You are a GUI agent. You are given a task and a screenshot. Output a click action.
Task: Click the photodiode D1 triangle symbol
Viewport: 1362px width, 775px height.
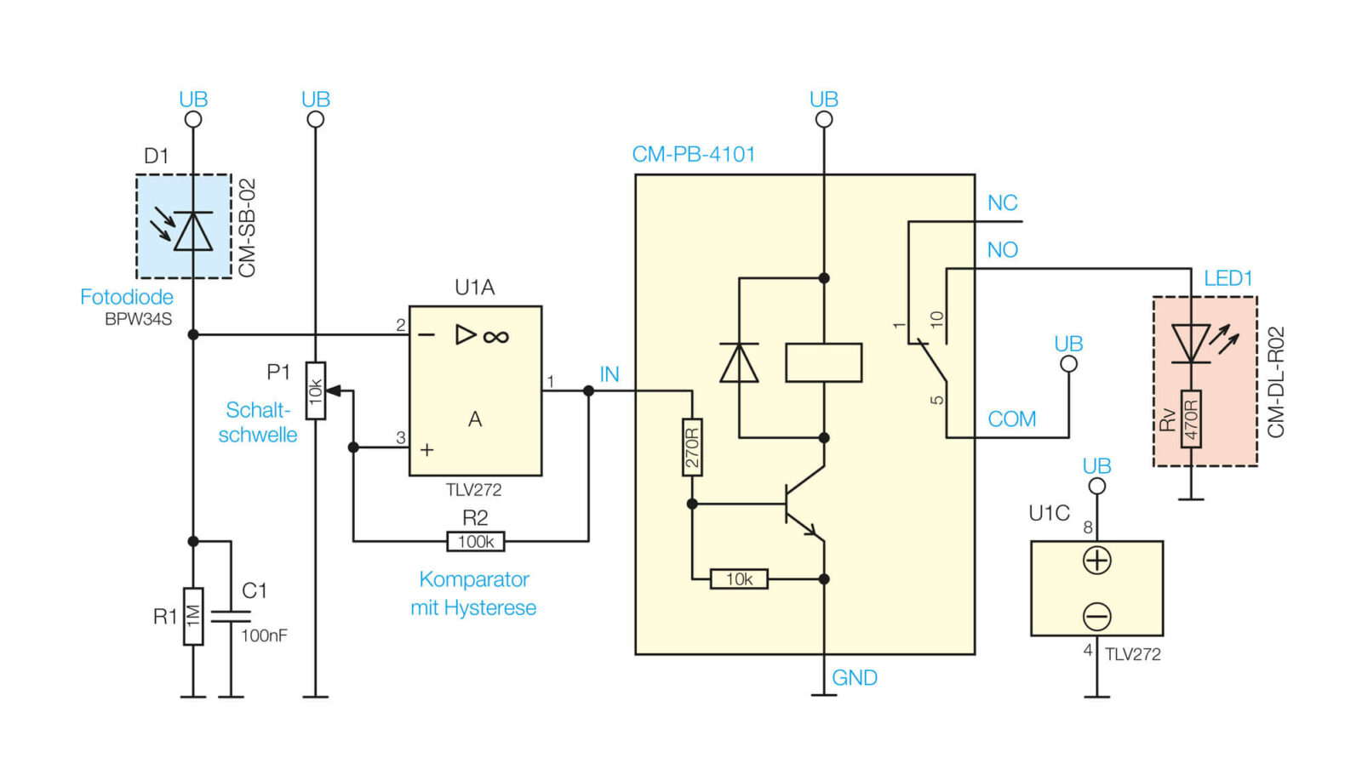193,231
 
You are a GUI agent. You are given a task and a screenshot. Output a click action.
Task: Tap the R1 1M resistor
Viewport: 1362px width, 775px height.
193,617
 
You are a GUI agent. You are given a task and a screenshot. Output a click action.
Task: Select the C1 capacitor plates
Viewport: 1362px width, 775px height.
231,617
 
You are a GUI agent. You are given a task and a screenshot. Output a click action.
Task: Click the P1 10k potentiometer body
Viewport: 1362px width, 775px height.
316,390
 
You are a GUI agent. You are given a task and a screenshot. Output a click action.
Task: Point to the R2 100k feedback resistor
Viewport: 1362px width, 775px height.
476,542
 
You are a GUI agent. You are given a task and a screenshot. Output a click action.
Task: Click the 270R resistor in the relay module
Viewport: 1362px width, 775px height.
692,447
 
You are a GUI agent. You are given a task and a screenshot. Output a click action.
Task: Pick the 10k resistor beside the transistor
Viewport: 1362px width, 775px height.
739,579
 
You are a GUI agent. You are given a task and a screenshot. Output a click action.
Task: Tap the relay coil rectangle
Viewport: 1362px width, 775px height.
824,363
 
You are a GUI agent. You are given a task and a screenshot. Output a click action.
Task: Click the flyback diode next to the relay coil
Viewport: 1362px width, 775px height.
739,362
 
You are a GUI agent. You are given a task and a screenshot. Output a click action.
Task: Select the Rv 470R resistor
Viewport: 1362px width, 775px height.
1191,419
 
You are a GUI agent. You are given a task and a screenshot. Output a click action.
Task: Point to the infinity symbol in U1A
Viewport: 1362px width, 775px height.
495,336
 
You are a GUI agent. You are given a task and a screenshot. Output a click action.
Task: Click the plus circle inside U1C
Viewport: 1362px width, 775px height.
1097,561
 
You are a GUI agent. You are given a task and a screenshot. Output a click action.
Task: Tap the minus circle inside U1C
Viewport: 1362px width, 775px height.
1097,617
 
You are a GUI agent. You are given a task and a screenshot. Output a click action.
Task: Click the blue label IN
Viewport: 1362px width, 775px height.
609,374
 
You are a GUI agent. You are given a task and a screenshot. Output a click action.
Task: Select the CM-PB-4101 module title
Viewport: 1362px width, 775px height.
694,154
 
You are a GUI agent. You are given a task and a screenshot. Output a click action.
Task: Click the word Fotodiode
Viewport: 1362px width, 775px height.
127,297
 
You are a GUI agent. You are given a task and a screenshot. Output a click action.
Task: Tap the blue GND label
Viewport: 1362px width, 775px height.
855,678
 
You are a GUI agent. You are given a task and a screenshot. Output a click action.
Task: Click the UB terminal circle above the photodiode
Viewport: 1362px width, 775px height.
193,120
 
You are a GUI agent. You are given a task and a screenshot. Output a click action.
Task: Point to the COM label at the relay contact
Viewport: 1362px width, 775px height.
1012,419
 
